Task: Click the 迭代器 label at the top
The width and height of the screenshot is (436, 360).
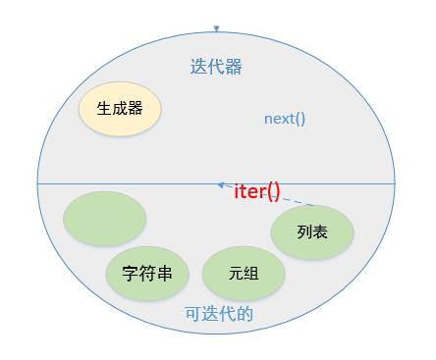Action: (x=216, y=67)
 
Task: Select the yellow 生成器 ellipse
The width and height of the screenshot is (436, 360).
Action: (x=120, y=109)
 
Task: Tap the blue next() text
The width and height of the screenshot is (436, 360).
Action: (x=285, y=119)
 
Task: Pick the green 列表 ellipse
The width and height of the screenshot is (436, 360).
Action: (x=311, y=232)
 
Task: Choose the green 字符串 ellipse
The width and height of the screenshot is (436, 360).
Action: (x=147, y=273)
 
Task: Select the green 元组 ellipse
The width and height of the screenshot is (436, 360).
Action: (x=244, y=274)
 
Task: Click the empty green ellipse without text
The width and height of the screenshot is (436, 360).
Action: (x=104, y=219)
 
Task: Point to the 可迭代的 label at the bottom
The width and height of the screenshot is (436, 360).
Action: (x=219, y=314)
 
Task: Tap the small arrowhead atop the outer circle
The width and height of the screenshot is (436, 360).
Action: (x=216, y=28)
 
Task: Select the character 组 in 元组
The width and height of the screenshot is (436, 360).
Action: (x=251, y=274)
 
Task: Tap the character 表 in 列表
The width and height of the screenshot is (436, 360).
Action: (x=320, y=232)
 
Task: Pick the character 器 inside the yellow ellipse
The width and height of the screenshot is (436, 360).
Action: (x=136, y=109)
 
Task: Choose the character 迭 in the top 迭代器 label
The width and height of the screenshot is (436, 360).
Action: (x=198, y=67)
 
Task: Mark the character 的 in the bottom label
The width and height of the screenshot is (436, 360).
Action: (x=245, y=314)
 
